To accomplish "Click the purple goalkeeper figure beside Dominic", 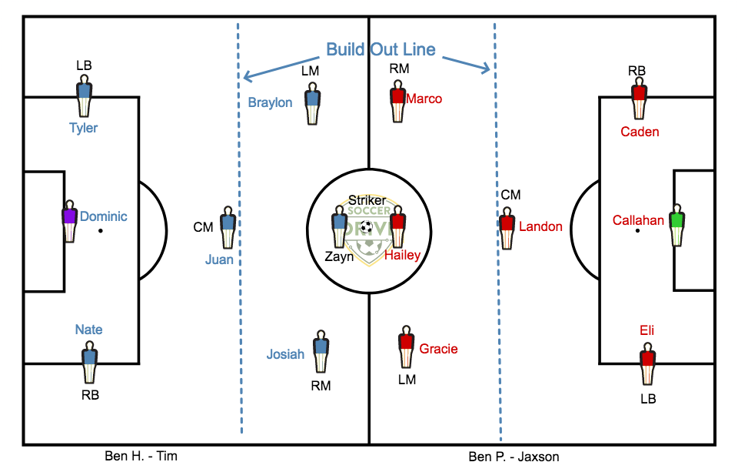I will pos(69,223).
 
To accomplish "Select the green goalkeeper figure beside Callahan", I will pos(676,225).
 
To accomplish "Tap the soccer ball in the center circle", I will pos(367,227).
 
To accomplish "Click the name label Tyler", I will pos(83,128).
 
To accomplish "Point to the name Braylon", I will pos(270,102).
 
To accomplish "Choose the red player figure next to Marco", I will pos(397,104).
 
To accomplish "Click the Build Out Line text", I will pos(381,50).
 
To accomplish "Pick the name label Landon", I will pos(540,227).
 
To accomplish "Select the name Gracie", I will pos(438,349).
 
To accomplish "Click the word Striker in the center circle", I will pos(367,200).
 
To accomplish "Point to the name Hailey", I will pos(402,256).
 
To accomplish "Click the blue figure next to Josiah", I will pos(321,354).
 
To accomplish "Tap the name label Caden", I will pos(640,132).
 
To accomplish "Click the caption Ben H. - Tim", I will pos(141,456).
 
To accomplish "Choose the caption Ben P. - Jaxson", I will pos(514,457).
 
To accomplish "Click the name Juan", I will pos(219,259).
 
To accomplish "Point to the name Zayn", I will pos(339,257).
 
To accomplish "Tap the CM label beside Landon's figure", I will pos(510,195).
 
